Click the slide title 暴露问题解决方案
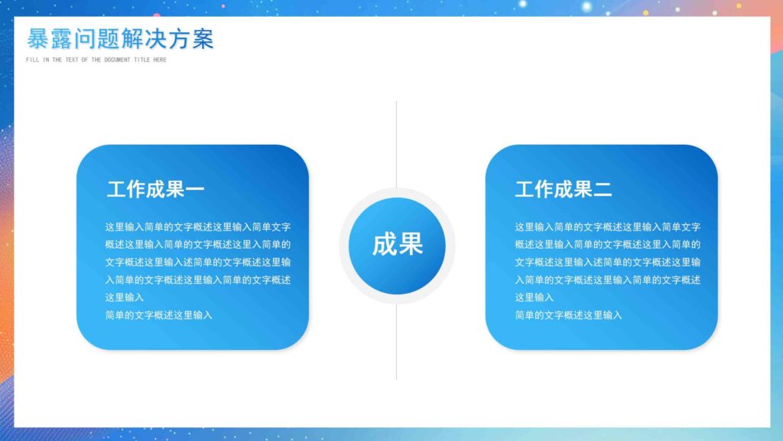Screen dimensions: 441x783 (120, 39)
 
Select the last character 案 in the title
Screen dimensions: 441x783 (203, 39)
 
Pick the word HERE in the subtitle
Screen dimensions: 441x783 (159, 60)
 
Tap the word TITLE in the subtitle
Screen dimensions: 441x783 (142, 60)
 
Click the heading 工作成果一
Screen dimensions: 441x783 (155, 189)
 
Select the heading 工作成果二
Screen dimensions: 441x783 (564, 189)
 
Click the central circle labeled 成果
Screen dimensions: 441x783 (397, 245)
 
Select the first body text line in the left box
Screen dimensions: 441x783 (198, 227)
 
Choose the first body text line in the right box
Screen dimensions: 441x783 (607, 227)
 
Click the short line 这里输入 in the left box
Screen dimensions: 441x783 (125, 297)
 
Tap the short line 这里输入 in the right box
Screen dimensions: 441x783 (534, 297)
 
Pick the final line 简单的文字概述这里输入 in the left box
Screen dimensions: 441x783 (158, 315)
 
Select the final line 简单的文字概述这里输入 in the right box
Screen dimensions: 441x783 (568, 315)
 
